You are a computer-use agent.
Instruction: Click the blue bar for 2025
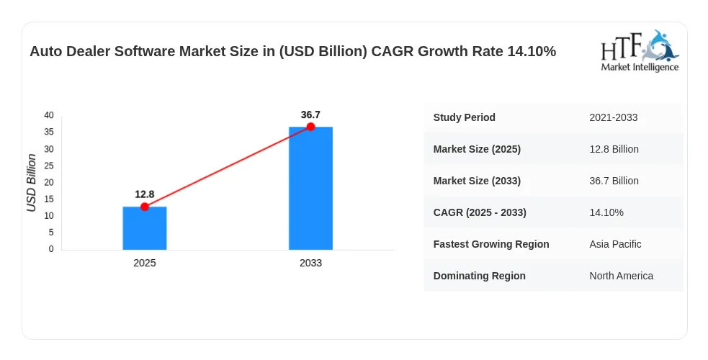[145, 228]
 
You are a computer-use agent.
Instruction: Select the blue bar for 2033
[310, 188]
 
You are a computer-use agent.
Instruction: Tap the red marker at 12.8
[145, 207]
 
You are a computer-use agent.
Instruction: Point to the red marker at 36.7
[310, 127]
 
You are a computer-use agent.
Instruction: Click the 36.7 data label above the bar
[310, 115]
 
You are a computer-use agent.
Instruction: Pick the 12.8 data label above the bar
[145, 194]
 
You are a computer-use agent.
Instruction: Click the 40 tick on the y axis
[49, 115]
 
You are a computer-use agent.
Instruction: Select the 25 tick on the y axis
[49, 166]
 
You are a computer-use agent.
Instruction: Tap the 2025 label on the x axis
[145, 263]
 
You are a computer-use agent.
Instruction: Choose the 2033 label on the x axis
[310, 263]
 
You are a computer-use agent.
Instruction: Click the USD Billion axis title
[31, 183]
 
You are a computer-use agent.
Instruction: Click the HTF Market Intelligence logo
[640, 51]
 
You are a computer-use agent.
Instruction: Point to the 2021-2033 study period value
[613, 118]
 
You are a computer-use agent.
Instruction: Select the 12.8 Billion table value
[614, 149]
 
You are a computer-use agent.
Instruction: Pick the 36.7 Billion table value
[614, 181]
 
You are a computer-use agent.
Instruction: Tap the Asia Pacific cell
[615, 244]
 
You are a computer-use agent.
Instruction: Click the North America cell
[622, 276]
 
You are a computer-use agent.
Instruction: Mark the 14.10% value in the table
[606, 212]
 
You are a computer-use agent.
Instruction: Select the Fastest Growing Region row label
[491, 244]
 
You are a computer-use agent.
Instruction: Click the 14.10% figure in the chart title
[532, 51]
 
